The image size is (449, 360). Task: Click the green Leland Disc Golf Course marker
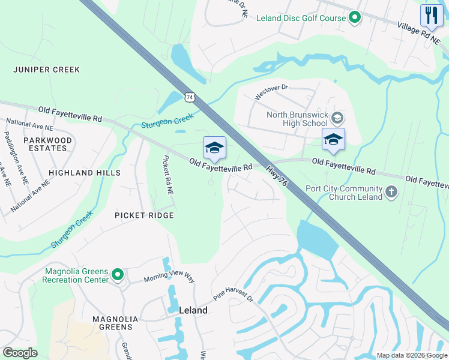click(354, 18)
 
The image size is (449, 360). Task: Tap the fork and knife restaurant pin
click(431, 15)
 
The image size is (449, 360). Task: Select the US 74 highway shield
click(190, 96)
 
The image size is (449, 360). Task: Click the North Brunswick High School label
click(298, 119)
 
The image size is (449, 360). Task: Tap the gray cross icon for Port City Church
click(391, 192)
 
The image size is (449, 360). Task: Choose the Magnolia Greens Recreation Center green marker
click(118, 275)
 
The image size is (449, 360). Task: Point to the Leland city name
click(193, 310)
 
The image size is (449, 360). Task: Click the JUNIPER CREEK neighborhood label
click(46, 70)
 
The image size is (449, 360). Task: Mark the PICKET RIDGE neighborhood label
click(145, 215)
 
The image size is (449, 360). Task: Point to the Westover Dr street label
click(271, 92)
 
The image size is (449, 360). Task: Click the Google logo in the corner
click(20, 353)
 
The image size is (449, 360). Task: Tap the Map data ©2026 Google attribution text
click(411, 355)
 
